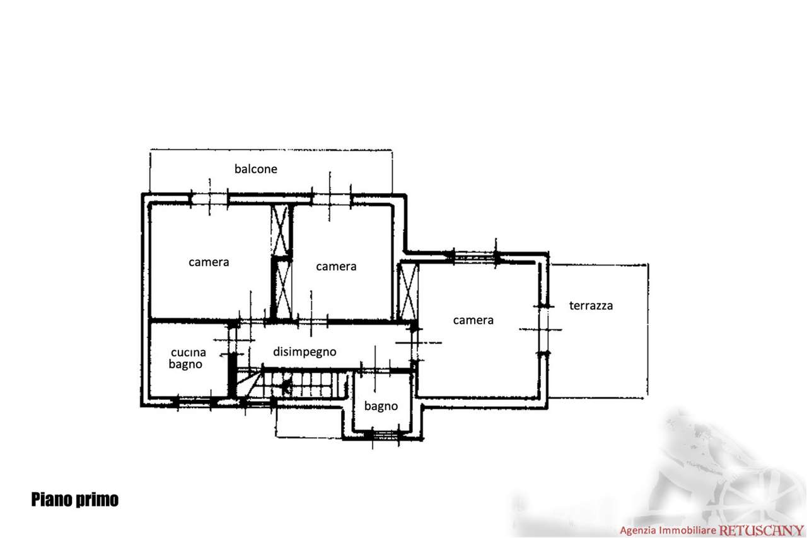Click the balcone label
pos(256,168)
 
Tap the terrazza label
pos(591,305)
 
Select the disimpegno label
pos(305,352)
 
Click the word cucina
pos(189,352)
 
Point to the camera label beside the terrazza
pos(473,320)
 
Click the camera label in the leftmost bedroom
pos(209,262)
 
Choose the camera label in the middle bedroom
pos(336,266)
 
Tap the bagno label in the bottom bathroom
pos(381,406)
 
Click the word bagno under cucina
pos(185,365)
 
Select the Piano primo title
pos(75,500)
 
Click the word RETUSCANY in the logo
pos(761,530)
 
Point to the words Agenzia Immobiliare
pos(668,530)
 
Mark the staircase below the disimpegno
pos(291,384)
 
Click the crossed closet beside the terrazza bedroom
pos(408,292)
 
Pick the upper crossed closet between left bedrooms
pos(280,231)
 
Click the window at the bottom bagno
pos(385,435)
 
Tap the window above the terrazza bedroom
pos(475,257)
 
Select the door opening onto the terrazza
pos(543,330)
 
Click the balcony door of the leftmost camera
pos(209,199)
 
